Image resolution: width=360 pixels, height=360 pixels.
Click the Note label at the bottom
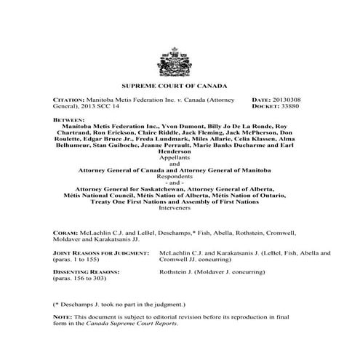[x=63, y=315]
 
